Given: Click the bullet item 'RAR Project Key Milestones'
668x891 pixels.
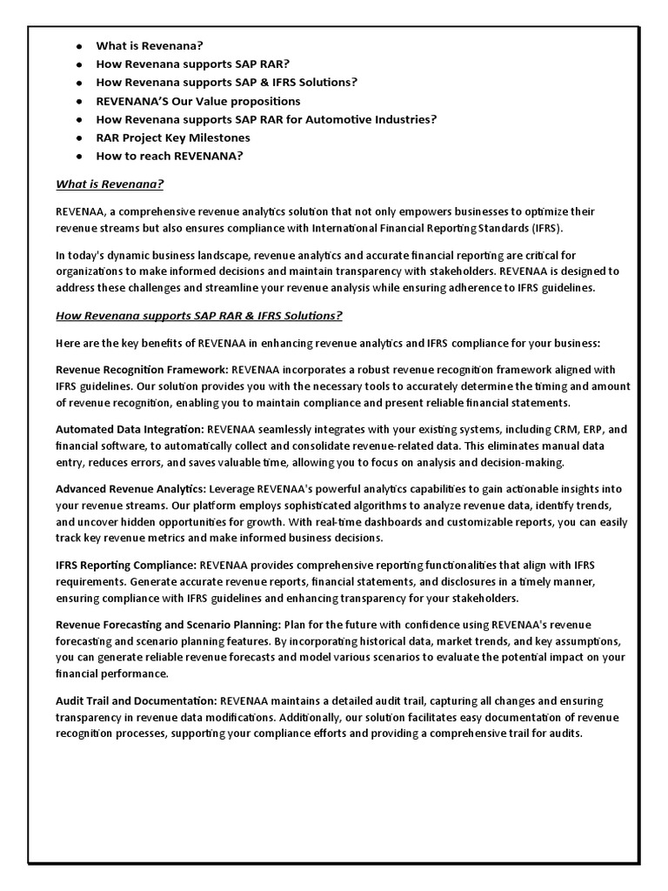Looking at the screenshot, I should coord(173,137).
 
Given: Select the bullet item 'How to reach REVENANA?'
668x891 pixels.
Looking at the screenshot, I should coord(170,156).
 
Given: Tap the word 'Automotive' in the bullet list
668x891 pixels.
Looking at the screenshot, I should coord(332,119).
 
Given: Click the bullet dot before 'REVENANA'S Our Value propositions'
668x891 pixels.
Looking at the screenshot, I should coord(78,101).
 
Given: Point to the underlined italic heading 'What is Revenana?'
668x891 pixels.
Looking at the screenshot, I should coord(110,184).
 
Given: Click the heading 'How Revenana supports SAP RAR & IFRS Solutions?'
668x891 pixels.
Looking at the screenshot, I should coord(199,315).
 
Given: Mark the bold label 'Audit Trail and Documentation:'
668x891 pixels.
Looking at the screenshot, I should coord(137,700).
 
